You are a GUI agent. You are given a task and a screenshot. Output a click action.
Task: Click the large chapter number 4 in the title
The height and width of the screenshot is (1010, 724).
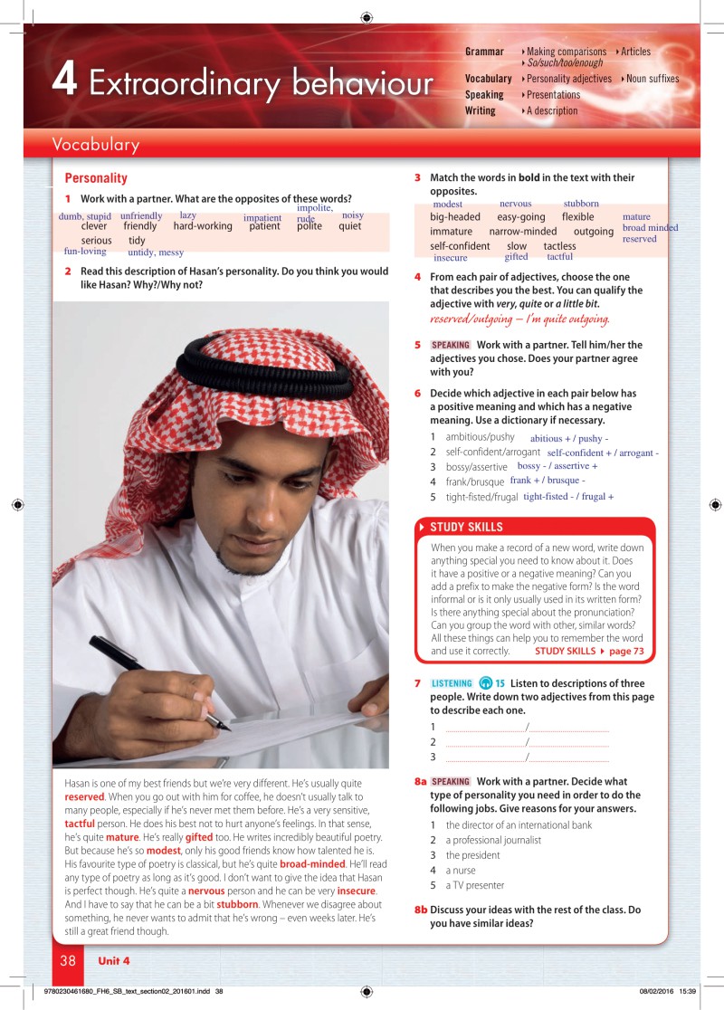coord(63,81)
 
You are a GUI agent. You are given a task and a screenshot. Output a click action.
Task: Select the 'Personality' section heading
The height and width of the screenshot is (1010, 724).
coord(96,178)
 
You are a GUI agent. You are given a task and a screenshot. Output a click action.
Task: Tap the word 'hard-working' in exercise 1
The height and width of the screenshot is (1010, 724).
coord(203,226)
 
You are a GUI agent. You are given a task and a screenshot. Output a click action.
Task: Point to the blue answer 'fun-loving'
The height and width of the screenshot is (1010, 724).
coord(85,252)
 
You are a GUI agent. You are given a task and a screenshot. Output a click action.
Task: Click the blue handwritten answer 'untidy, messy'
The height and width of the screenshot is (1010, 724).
coord(156,252)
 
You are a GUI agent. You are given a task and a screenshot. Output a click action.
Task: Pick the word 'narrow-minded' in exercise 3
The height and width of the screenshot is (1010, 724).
coord(523,232)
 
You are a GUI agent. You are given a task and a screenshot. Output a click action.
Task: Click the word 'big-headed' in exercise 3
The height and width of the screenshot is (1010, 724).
coord(455,217)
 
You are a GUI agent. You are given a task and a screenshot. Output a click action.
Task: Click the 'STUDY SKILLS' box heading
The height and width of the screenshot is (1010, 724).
coord(466,527)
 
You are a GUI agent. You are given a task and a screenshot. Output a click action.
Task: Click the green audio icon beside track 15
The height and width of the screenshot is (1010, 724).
coord(485,683)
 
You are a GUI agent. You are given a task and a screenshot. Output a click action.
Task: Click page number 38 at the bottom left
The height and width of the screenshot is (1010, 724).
coord(68,960)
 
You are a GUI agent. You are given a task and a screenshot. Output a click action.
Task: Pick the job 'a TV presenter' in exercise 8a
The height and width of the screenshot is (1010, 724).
coord(475,885)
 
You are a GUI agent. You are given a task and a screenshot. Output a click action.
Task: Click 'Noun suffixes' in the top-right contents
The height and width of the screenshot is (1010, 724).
coord(653,79)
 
